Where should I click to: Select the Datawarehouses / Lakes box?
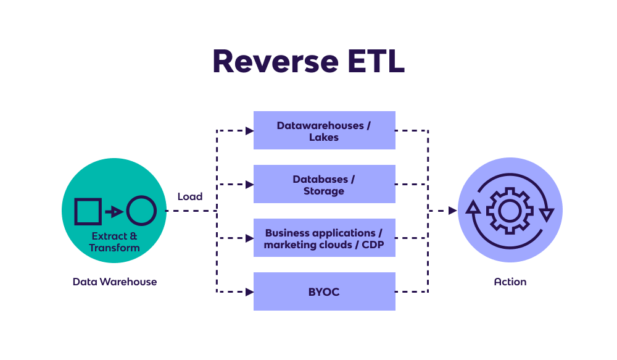(x=324, y=130)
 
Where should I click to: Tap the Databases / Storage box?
(x=324, y=184)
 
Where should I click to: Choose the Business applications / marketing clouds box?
(x=324, y=238)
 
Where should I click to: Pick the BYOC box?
(x=324, y=291)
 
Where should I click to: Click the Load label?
(x=190, y=196)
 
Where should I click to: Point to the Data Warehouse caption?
(x=115, y=282)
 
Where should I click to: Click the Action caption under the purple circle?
(x=510, y=282)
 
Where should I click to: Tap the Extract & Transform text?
(x=114, y=242)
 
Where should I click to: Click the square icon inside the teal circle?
(x=88, y=211)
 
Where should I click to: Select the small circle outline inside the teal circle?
(x=141, y=211)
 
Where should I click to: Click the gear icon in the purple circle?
(x=509, y=211)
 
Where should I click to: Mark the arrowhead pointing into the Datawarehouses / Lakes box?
(x=250, y=131)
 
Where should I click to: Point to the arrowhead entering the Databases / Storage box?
(x=250, y=185)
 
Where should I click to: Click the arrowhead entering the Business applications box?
(x=250, y=238)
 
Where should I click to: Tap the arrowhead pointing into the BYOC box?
(x=250, y=291)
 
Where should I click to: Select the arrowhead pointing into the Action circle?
(x=452, y=211)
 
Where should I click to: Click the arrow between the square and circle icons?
(x=115, y=212)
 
